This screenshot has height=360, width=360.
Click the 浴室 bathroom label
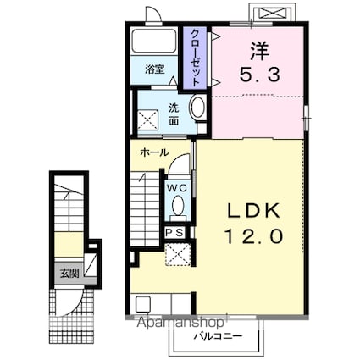click(155, 69)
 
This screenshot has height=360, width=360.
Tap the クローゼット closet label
click(196, 58)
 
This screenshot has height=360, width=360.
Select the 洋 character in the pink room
click(260, 51)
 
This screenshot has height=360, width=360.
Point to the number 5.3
click(260, 75)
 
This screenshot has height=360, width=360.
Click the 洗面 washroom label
click(174, 114)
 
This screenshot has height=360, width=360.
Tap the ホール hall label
click(154, 152)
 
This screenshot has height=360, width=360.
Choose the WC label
click(177, 187)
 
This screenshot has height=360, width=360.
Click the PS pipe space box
click(174, 233)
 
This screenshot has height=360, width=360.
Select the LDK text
click(254, 211)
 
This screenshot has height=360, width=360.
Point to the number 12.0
click(254, 236)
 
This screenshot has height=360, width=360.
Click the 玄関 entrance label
click(69, 273)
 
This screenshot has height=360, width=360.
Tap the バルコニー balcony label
click(218, 336)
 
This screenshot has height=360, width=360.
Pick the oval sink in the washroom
click(198, 108)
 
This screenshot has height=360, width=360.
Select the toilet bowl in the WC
click(178, 205)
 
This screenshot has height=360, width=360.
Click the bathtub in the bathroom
click(154, 41)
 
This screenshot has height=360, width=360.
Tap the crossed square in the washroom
click(147, 119)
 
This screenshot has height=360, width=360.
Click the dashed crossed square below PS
click(178, 254)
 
